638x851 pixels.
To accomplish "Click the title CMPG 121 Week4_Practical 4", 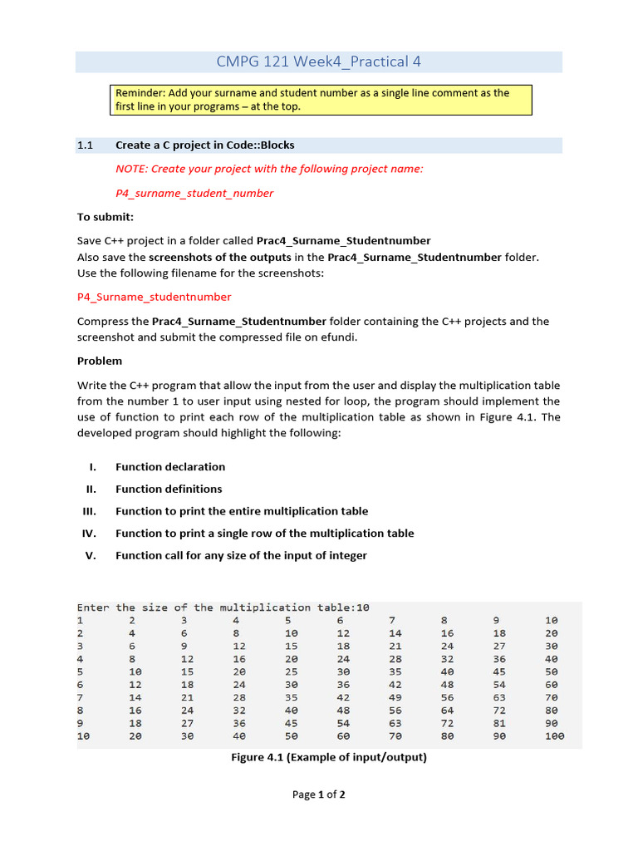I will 318,61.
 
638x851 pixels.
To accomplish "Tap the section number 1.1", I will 85,145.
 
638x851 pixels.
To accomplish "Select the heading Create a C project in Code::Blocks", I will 204,145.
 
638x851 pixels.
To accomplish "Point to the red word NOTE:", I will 131,169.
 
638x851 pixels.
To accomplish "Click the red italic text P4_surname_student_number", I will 194,193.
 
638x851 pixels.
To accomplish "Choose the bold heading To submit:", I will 106,217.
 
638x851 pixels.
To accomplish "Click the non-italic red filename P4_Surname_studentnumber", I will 154,297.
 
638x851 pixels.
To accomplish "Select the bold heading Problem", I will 100,361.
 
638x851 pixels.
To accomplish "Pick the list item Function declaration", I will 170,467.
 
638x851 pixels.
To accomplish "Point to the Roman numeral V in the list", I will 91,555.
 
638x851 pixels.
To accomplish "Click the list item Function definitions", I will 169,489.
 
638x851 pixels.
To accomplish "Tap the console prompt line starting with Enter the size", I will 223,608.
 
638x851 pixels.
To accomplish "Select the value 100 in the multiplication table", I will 554,735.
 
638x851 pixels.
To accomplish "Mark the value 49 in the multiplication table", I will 395,697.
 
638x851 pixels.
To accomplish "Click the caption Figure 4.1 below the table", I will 328,757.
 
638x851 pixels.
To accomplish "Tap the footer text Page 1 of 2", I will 318,794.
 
